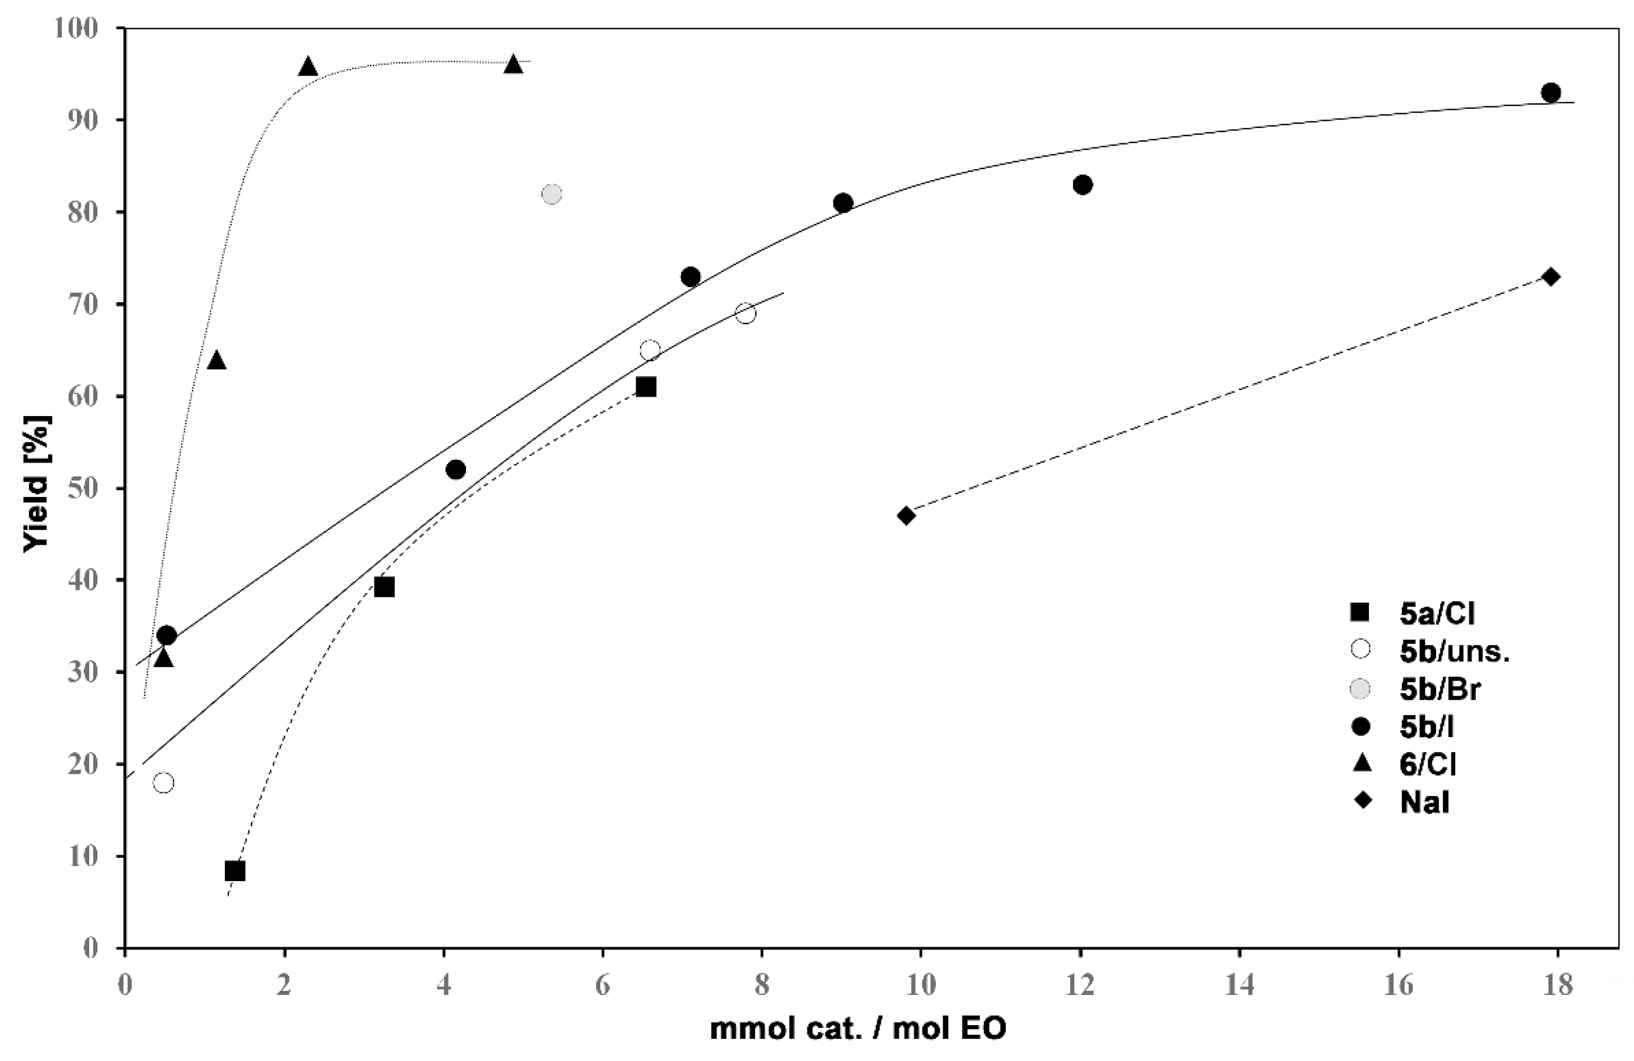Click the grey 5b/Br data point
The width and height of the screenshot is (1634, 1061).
(x=551, y=194)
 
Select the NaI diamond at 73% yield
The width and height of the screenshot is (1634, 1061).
(x=1550, y=277)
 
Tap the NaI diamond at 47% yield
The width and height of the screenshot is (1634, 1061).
(x=906, y=515)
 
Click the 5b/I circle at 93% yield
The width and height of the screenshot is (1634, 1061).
(x=1550, y=93)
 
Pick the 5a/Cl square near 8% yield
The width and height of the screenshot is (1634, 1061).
(x=235, y=871)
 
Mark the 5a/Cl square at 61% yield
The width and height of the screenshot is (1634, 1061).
(x=645, y=387)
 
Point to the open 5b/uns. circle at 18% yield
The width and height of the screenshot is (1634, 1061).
(x=163, y=783)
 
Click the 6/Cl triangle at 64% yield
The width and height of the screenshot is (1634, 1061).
(x=216, y=360)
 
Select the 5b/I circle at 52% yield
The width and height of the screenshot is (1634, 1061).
(x=455, y=470)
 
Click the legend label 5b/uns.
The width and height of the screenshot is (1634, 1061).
(x=1455, y=651)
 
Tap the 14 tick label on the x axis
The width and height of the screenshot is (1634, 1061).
(x=1239, y=986)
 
